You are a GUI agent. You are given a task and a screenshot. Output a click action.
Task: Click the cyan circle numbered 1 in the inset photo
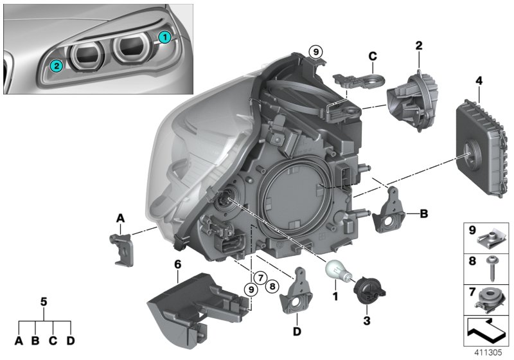[164, 37]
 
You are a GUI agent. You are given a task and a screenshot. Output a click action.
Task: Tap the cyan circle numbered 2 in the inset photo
[57, 65]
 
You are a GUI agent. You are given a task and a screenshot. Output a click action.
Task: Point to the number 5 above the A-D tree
[44, 300]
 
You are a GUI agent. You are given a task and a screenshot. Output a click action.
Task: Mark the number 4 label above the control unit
[477, 81]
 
